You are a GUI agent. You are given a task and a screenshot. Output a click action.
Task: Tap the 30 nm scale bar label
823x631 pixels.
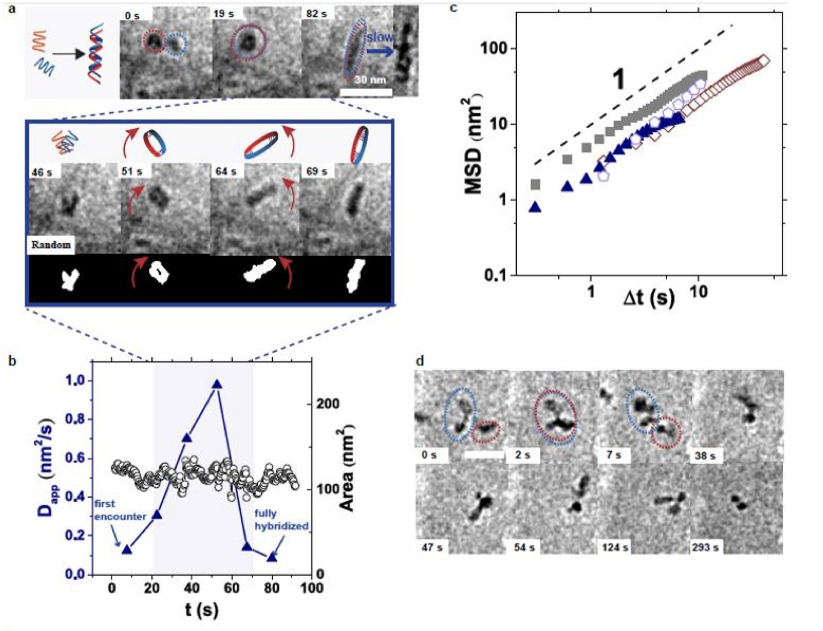(370, 80)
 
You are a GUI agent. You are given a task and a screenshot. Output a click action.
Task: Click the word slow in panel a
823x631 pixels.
(380, 37)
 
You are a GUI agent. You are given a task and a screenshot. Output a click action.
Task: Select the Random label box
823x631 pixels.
(51, 244)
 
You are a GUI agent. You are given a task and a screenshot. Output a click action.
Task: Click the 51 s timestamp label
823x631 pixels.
(131, 172)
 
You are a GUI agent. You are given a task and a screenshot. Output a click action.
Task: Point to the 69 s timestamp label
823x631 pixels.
(316, 172)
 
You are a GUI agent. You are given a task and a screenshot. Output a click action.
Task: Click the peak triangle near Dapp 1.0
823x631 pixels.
(217, 384)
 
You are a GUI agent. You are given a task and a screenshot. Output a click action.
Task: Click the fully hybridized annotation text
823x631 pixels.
(281, 519)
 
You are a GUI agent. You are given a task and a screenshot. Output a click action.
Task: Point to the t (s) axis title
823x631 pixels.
(202, 610)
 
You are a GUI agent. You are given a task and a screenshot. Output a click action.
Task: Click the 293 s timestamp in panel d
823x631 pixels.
(705, 547)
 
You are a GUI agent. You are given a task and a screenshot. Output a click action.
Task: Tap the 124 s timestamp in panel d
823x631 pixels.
(615, 547)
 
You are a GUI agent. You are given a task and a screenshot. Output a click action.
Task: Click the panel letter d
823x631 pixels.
(420, 361)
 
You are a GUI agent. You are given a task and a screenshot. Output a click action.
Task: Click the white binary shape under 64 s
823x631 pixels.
(261, 272)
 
